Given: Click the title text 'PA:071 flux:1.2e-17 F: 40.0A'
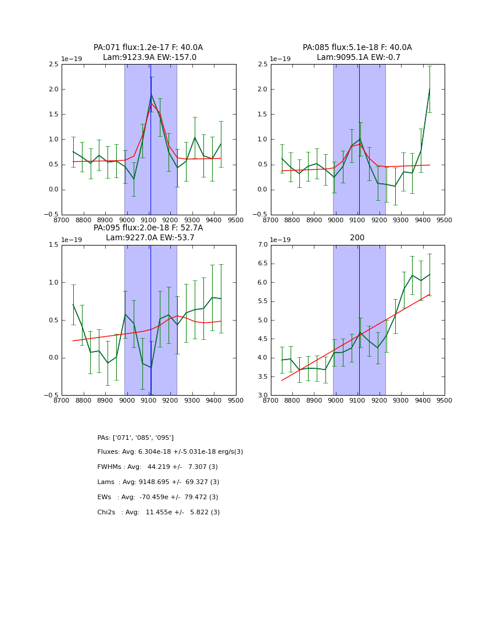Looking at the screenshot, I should pyautogui.click(x=148, y=48).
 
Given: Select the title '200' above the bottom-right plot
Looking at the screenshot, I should pyautogui.click(x=357, y=238).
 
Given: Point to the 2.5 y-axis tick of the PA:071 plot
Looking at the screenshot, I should pyautogui.click(x=53, y=65).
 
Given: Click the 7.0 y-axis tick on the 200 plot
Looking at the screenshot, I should pyautogui.click(x=262, y=245).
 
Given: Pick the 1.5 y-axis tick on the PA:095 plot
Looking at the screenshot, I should pyautogui.click(x=53, y=245).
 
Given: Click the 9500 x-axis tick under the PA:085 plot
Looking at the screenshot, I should pyautogui.click(x=445, y=221).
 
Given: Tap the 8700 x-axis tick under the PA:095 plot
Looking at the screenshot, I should pyautogui.click(x=62, y=401).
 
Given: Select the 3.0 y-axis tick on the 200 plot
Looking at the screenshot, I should pyautogui.click(x=262, y=396).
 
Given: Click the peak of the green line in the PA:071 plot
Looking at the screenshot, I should pyautogui.click(x=151, y=94).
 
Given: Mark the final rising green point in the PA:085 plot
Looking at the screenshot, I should pyautogui.click(x=429, y=89).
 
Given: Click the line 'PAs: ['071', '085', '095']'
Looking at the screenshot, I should pyautogui.click(x=135, y=438).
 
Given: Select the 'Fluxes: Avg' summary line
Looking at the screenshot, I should pyautogui.click(x=170, y=452).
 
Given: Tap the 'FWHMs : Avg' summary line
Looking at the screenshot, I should pyautogui.click(x=157, y=467).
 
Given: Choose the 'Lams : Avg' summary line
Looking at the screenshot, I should pyautogui.click(x=158, y=482).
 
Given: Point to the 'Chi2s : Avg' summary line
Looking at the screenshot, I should pyautogui.click(x=159, y=513).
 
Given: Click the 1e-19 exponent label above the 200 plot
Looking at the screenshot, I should pyautogui.click(x=281, y=240).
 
